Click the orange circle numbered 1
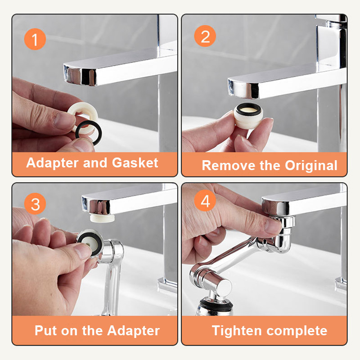[35, 39]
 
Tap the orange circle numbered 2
[205, 36]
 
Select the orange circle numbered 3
[35, 204]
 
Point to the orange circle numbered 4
[205, 200]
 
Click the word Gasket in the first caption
[135, 163]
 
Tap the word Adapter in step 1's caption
[53, 163]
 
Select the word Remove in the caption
[229, 165]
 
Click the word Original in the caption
[311, 166]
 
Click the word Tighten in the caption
[237, 331]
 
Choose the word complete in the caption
[297, 331]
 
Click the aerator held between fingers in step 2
[248, 116]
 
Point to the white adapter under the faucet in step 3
[102, 218]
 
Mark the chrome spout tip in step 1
[81, 75]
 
